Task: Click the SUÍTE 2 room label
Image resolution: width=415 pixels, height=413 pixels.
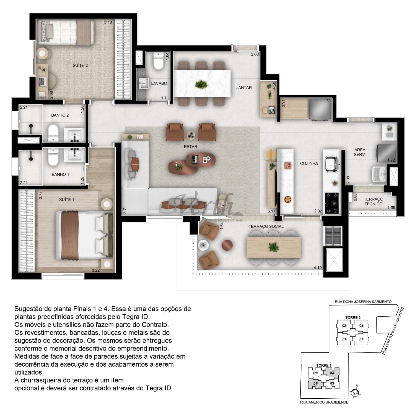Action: pos(80,65)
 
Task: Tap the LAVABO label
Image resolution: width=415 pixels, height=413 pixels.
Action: pos(159,83)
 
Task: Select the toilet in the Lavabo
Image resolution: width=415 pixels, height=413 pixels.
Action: pos(159,61)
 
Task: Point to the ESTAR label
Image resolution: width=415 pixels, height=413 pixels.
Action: pos(191,146)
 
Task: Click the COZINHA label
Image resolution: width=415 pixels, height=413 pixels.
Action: pos(309,163)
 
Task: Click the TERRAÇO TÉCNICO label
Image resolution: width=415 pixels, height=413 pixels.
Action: pos(373,201)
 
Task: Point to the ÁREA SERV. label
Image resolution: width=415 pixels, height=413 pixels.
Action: pos(360,152)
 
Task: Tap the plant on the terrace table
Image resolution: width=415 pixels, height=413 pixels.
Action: pos(273,247)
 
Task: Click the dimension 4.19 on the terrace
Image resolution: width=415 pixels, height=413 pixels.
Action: pos(318,267)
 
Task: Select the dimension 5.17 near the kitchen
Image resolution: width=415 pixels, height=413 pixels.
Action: pos(271,211)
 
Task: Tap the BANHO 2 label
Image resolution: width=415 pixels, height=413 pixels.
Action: pos(60,115)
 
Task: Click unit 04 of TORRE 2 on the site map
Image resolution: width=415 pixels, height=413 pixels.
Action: pos(361,326)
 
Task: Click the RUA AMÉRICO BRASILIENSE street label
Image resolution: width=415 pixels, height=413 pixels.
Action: pos(324,402)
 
